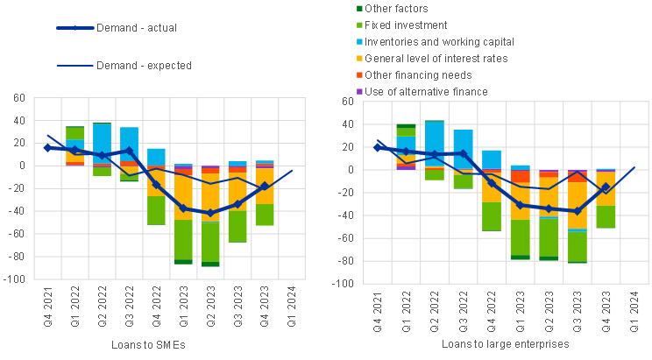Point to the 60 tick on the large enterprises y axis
347,102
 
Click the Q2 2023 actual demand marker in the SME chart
209,213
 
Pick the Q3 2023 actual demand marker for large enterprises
577,211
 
